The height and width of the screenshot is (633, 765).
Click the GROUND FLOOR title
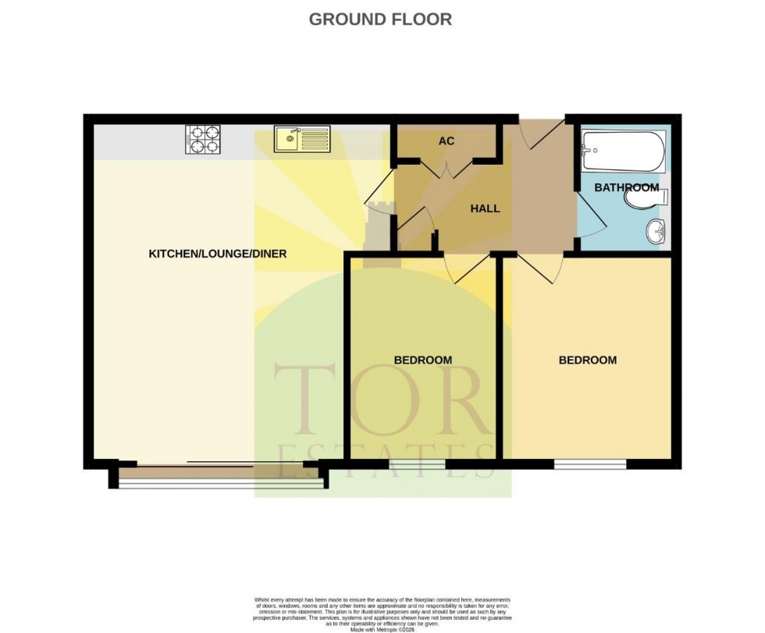click(x=380, y=20)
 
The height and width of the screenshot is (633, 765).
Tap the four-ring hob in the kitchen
click(x=202, y=140)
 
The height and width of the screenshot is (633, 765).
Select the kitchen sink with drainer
click(x=303, y=140)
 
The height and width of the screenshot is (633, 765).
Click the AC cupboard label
click(x=446, y=141)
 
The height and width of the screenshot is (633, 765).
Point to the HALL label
click(x=485, y=208)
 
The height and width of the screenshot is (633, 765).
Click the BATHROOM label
click(x=626, y=188)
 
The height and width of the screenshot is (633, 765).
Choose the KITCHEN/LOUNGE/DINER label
click(x=218, y=254)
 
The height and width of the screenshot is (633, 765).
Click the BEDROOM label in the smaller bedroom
click(x=422, y=360)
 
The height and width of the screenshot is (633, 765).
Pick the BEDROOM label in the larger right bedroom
click(x=587, y=360)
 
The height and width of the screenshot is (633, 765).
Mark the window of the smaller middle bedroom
click(x=417, y=465)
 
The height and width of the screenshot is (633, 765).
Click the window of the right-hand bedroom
click(x=590, y=465)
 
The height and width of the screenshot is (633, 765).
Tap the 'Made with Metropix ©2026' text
click(x=382, y=629)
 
